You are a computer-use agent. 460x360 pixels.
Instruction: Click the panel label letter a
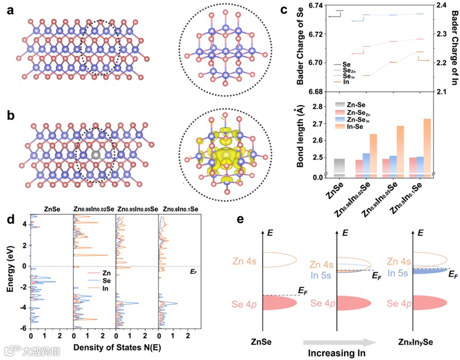pos(10,11)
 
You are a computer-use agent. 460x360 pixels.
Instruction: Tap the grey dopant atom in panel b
pos(96,154)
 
